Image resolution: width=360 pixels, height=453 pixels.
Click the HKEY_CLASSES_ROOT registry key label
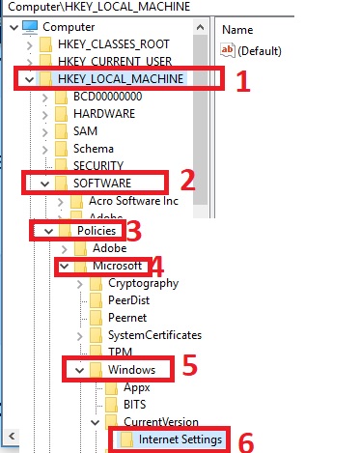pyautogui.click(x=114, y=44)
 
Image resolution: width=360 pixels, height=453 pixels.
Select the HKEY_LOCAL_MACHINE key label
pyautogui.click(x=121, y=79)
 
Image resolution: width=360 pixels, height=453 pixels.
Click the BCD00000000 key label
pyautogui.click(x=107, y=97)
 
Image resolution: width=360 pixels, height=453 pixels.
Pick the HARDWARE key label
pyautogui.click(x=104, y=114)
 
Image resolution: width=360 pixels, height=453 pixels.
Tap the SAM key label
pyautogui.click(x=85, y=131)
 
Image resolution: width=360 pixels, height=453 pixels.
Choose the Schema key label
pyautogui.click(x=94, y=149)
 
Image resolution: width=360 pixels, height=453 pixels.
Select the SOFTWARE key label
pyautogui.click(x=102, y=184)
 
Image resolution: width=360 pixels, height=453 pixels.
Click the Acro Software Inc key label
pyautogui.click(x=133, y=201)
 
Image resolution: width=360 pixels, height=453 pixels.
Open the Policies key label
pyautogui.click(x=97, y=231)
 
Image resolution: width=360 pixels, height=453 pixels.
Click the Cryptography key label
pyautogui.click(x=144, y=283)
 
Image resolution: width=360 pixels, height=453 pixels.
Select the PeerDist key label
pyautogui.click(x=129, y=300)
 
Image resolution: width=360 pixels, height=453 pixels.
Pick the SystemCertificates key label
pyautogui.click(x=154, y=335)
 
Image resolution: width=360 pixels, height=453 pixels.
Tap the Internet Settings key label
pyautogui.click(x=180, y=439)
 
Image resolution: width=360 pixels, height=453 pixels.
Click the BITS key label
pyautogui.click(x=135, y=405)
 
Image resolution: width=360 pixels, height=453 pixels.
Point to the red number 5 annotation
pyautogui.click(x=189, y=365)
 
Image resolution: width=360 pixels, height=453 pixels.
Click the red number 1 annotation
pyautogui.click(x=243, y=81)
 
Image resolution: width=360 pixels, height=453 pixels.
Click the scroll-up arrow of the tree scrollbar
pyautogui.click(x=200, y=27)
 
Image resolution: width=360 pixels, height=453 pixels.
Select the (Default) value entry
pyautogui.click(x=251, y=50)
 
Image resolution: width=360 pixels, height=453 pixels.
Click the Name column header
pyautogui.click(x=237, y=30)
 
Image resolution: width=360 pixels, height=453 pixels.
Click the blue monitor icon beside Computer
pyautogui.click(x=30, y=27)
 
